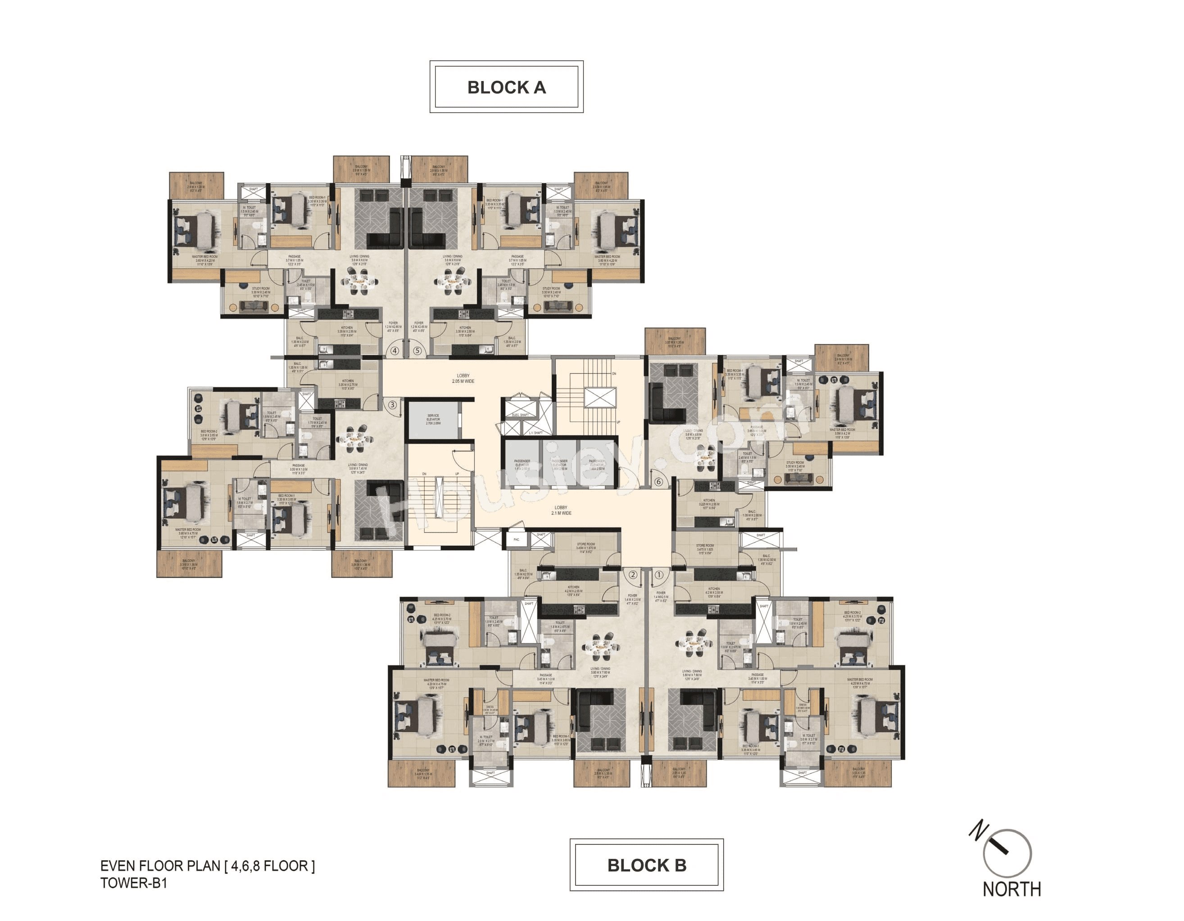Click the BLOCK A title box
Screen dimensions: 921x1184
[x=506, y=87]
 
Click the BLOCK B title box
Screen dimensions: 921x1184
[x=646, y=865]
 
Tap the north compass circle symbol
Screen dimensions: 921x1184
[x=1007, y=853]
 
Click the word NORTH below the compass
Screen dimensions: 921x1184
[x=1012, y=889]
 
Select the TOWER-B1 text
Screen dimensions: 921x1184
[x=133, y=883]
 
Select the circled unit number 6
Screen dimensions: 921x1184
[x=659, y=481]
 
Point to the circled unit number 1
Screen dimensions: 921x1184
[x=659, y=575]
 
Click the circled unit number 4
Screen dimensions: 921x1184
[x=395, y=351]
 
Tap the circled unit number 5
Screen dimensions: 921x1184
[x=417, y=351]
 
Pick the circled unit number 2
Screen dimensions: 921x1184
[x=632, y=575]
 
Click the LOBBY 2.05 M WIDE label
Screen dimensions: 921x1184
[x=463, y=378]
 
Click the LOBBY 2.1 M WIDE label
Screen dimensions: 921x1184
[x=561, y=511]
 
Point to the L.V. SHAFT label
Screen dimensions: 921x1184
[x=535, y=433]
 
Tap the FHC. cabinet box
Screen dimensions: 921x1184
[x=516, y=540]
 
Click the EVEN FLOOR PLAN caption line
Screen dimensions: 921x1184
[x=207, y=866]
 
